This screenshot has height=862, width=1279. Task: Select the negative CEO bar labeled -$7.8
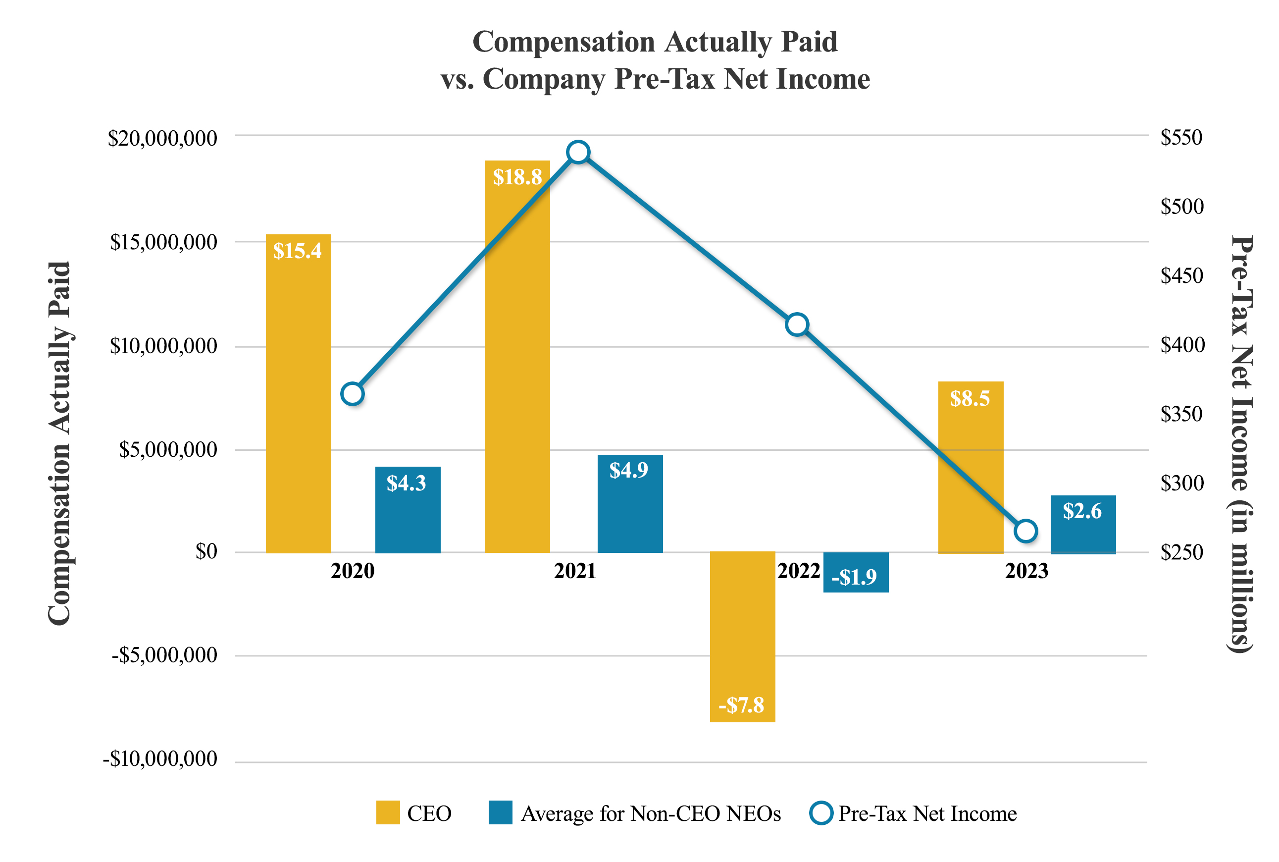(x=742, y=638)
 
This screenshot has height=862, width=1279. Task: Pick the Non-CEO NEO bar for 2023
(x=1082, y=525)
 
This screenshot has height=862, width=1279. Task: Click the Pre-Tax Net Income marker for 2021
(x=578, y=152)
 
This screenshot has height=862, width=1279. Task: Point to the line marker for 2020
(x=352, y=394)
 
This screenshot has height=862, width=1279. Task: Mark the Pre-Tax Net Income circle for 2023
(x=1025, y=531)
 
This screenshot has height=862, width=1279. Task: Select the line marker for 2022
(x=797, y=324)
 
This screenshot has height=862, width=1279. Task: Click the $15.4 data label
(x=297, y=251)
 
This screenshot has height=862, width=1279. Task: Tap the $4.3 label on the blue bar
(x=406, y=483)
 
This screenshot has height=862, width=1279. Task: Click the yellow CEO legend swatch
(x=387, y=812)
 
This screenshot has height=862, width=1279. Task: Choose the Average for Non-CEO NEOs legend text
(x=651, y=813)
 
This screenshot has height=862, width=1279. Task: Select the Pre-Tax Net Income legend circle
(x=821, y=812)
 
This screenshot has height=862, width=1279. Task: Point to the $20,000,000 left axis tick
(x=162, y=138)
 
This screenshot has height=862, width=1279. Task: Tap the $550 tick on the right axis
(x=1181, y=137)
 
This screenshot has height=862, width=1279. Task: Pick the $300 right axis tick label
(x=1181, y=483)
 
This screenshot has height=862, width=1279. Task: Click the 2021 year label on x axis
(x=575, y=572)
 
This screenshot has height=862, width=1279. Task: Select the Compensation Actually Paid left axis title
(x=59, y=442)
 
